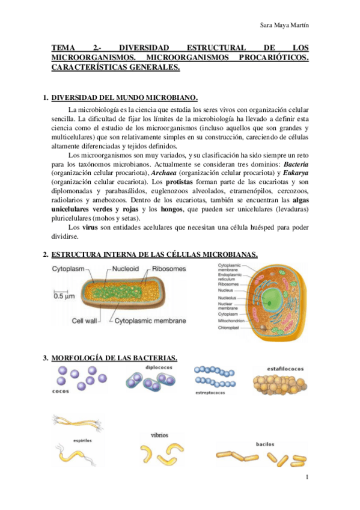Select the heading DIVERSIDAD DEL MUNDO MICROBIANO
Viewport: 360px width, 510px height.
pos(124,98)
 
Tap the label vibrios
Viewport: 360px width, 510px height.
pos(160,434)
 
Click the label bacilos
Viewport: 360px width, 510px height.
pos(265,444)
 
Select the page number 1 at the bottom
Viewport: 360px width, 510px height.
pos(307,478)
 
